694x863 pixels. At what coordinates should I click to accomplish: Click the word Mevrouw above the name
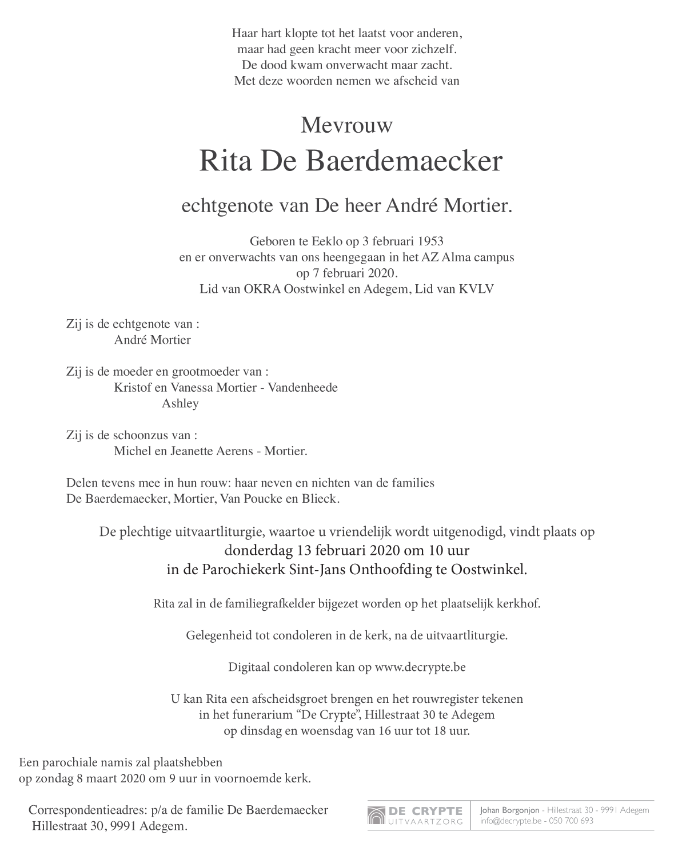point(346,125)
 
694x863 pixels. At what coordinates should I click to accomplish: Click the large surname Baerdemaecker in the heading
point(405,162)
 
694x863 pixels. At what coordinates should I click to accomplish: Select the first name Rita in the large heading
point(226,162)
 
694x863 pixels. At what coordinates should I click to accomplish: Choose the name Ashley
point(180,404)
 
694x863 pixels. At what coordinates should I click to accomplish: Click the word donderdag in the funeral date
point(258,551)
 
